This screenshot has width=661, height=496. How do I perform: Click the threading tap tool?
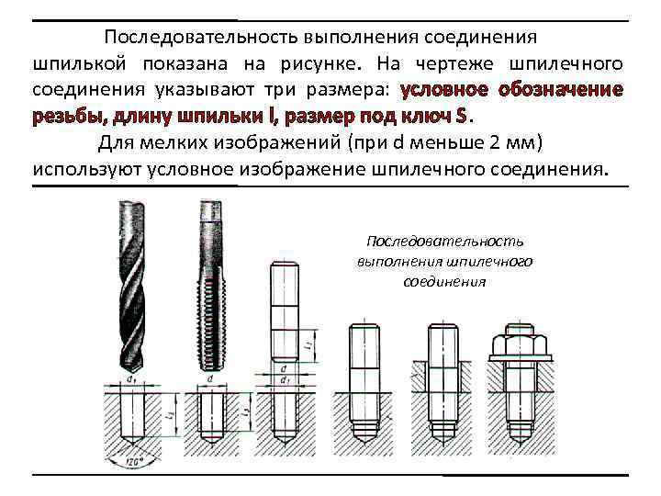(x=209, y=285)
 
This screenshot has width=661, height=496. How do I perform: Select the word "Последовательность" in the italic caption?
(x=444, y=241)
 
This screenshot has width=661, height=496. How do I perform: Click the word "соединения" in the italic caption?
(x=444, y=281)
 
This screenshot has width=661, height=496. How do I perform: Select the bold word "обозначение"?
(x=561, y=90)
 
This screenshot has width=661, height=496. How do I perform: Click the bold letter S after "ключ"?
(x=462, y=117)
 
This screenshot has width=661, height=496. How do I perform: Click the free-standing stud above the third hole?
(x=284, y=312)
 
